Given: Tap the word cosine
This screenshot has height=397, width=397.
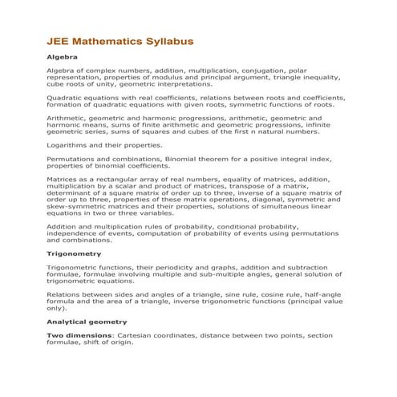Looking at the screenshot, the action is pos(265,295).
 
